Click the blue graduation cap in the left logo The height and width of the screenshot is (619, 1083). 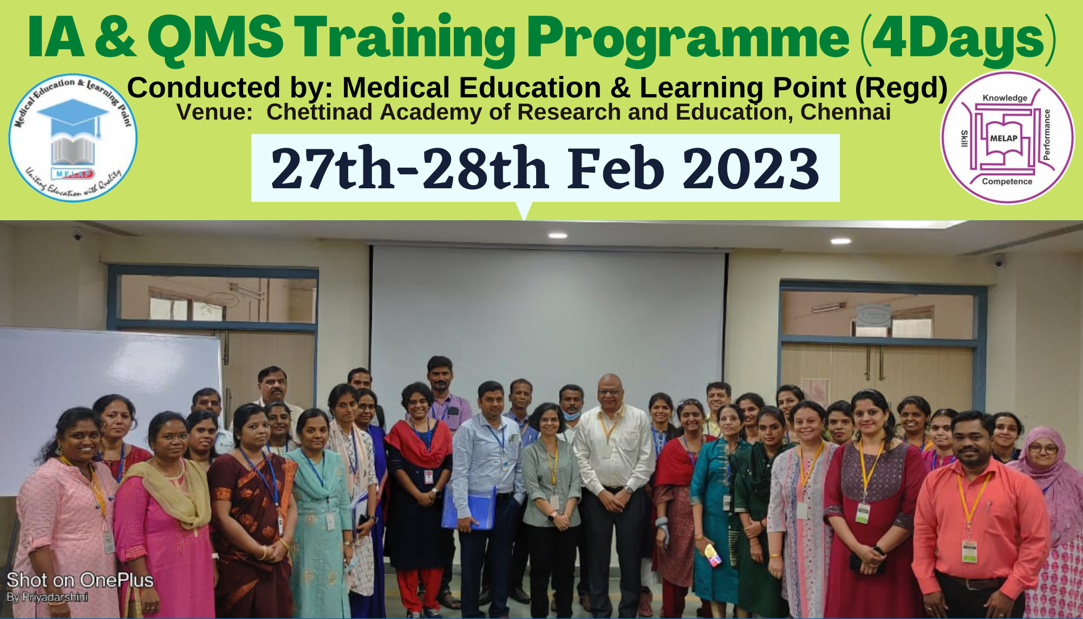73,114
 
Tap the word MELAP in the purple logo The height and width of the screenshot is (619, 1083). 1003,139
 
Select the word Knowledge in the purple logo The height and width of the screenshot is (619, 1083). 1004,98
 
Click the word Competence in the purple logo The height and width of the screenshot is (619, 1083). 1007,182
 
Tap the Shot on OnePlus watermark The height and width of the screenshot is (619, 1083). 80,580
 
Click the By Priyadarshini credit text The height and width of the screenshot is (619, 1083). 47,597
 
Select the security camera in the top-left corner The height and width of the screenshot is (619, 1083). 77,235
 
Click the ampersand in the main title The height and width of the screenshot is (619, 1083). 115,38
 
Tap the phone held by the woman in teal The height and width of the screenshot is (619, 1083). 712,555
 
